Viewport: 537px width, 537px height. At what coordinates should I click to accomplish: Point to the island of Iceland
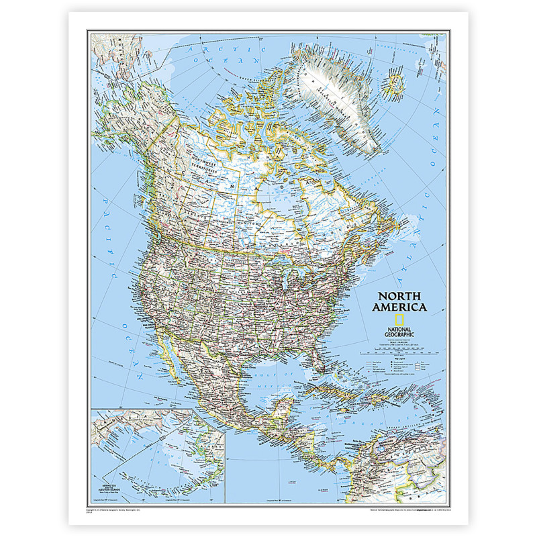tap(395, 84)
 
